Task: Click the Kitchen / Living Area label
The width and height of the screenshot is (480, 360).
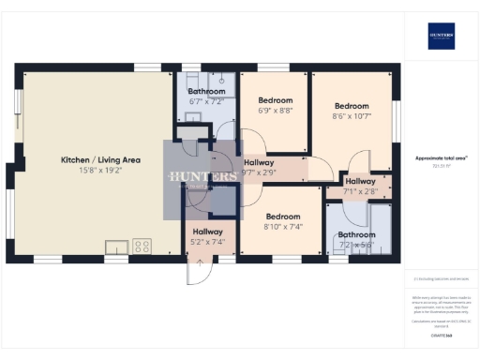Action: coord(100,159)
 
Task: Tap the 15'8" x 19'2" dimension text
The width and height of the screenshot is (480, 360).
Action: coord(100,172)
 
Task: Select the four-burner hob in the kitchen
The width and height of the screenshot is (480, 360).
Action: coord(142,247)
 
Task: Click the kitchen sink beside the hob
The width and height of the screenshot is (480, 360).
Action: coord(119,247)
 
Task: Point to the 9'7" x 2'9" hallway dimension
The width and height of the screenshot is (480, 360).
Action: coord(259,172)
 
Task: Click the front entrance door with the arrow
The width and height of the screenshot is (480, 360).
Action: coord(198,271)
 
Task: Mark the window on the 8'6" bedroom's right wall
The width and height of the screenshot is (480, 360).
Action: coord(397,121)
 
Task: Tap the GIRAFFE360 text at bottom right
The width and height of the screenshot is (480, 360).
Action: coord(441,335)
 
